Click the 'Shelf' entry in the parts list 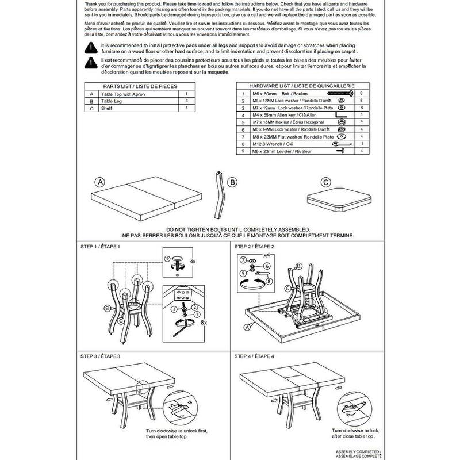[x=109, y=108]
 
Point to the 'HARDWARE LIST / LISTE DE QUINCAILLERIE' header [x=300, y=85]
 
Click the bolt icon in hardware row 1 [x=339, y=93]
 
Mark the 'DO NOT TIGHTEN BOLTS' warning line [x=237, y=229]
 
